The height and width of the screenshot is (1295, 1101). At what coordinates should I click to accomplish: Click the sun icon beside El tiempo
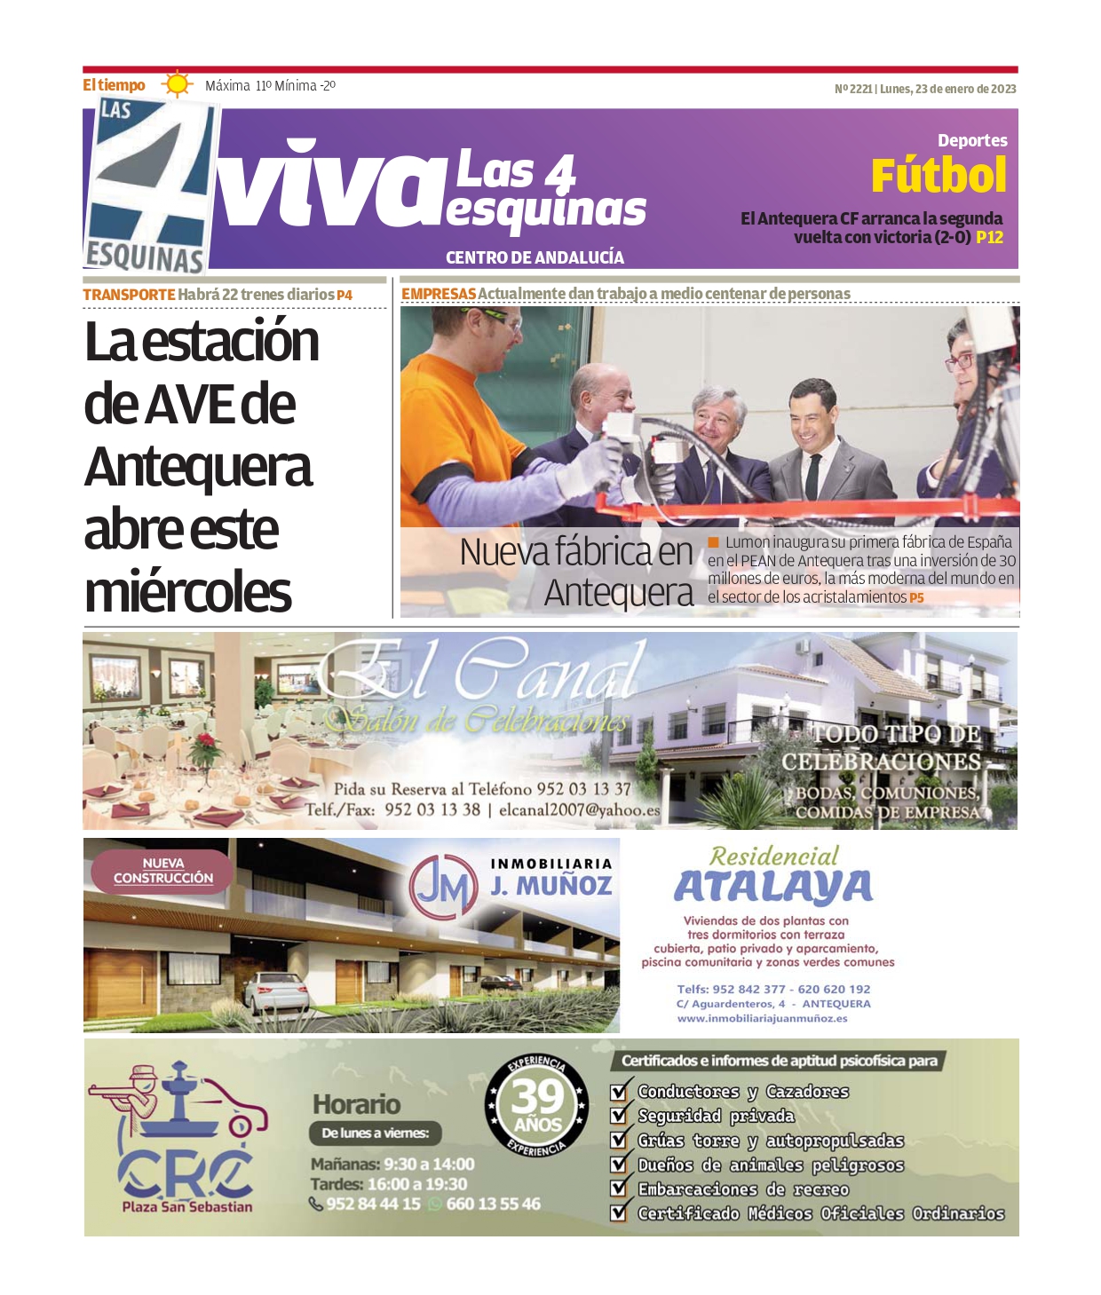[177, 84]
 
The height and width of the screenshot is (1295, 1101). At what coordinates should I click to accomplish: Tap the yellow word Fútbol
[939, 176]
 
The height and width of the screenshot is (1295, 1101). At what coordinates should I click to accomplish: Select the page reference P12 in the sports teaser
[989, 238]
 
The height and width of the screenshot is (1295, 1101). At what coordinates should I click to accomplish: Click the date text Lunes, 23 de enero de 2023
[947, 89]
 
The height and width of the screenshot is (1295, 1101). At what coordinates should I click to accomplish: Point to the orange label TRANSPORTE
[129, 295]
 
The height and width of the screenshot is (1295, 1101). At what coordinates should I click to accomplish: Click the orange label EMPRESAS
[439, 294]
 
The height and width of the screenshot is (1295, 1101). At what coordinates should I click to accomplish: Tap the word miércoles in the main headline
[188, 592]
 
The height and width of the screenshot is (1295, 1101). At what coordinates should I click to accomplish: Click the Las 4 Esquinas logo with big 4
[148, 186]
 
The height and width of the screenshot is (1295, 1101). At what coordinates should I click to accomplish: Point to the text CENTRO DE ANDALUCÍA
[535, 257]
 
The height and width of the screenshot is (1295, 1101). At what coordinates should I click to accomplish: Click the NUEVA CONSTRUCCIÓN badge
[163, 871]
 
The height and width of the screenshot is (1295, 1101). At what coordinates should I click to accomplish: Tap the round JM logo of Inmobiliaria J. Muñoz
[443, 887]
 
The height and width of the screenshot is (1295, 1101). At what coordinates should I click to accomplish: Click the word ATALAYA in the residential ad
[773, 887]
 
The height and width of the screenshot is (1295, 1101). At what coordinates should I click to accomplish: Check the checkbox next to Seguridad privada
[620, 1116]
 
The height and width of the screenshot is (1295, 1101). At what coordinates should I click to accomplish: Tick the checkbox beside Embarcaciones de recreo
[620, 1188]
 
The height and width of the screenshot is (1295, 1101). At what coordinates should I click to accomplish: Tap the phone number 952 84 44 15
[373, 1204]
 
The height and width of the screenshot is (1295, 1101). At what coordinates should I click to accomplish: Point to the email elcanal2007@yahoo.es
[579, 810]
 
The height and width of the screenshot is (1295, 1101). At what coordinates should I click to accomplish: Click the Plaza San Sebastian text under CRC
[187, 1207]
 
